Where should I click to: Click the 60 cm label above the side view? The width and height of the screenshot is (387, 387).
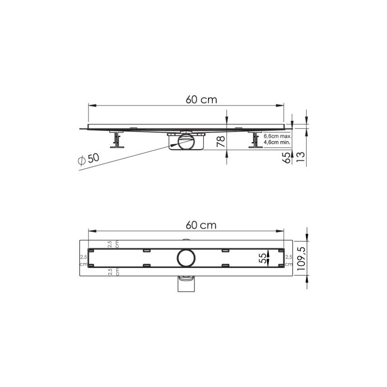201,99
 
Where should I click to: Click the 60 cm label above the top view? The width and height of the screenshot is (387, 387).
201,225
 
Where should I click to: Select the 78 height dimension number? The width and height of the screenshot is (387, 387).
220,141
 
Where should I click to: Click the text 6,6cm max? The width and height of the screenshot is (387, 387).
276,136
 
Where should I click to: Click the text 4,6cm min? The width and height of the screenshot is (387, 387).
276,143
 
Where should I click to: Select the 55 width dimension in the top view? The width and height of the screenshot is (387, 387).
263,259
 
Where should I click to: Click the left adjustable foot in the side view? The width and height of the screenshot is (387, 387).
116,140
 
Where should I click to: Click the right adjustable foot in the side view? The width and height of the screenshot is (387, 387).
254,140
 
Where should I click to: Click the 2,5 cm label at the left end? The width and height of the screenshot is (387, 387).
83,260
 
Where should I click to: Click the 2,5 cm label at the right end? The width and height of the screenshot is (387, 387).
288,260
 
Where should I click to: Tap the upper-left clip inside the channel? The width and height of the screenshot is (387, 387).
147,250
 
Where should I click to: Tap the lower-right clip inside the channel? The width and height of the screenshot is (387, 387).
225,266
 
